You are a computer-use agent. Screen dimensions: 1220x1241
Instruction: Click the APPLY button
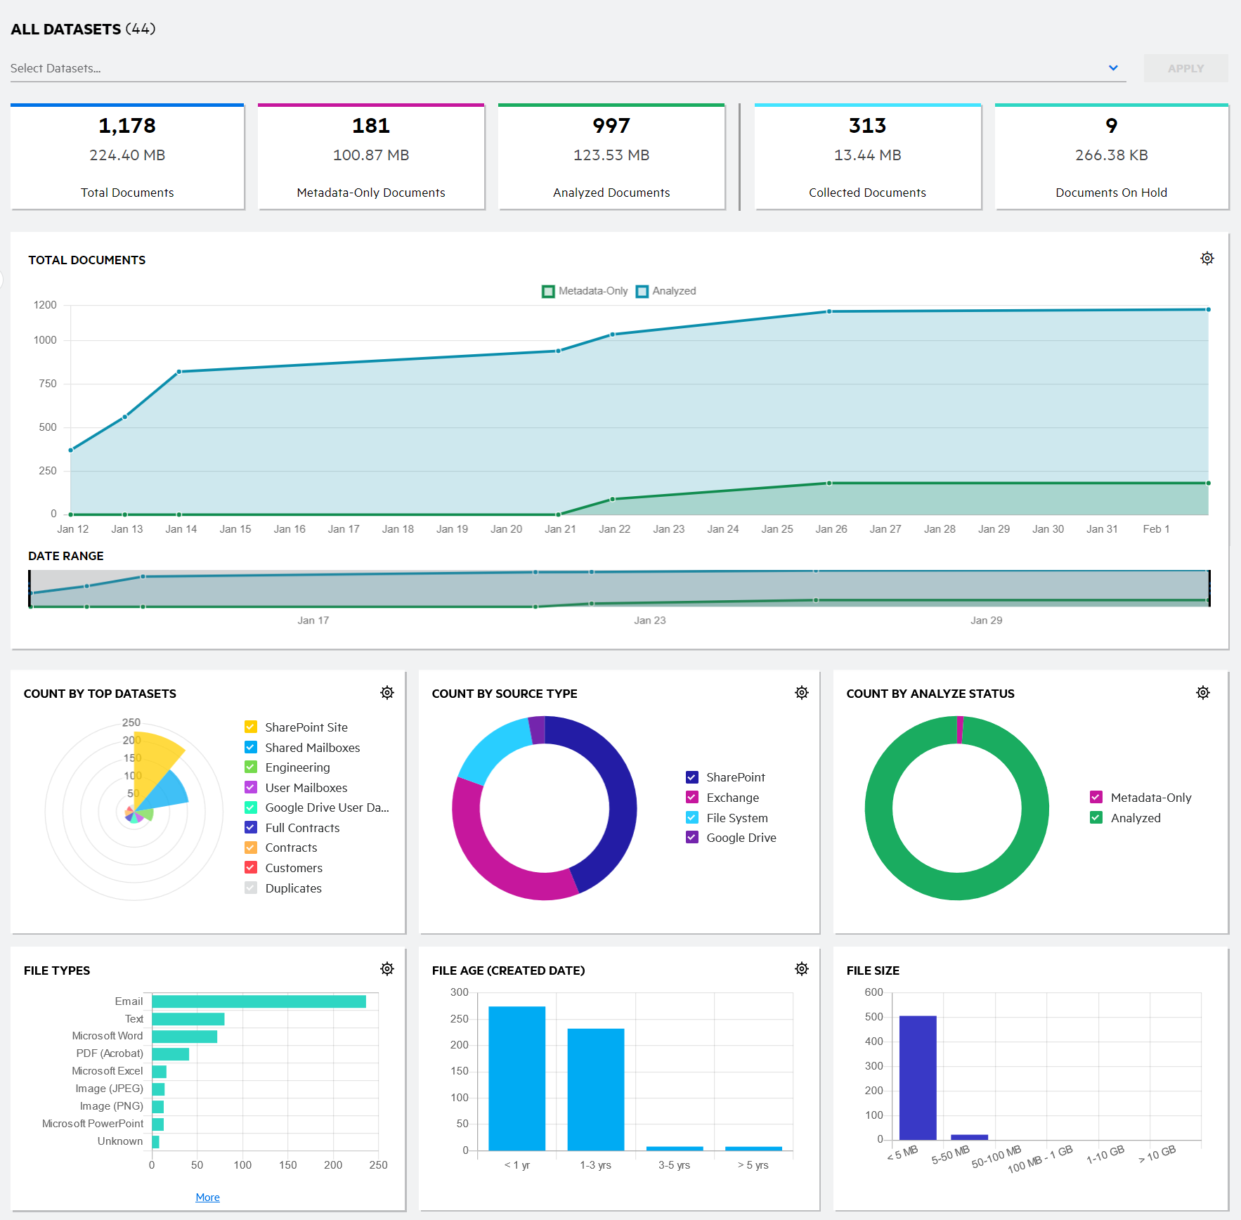coord(1185,68)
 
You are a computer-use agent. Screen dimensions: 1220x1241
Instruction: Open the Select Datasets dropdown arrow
coord(1113,68)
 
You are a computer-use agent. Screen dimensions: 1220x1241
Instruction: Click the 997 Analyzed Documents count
coord(611,126)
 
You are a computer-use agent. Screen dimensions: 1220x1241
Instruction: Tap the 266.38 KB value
coord(1111,155)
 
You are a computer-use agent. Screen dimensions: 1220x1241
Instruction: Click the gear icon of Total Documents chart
coord(1207,259)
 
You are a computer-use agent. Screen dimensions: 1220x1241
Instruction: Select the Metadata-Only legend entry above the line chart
coord(585,291)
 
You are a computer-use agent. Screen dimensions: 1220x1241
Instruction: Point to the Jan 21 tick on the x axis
coord(560,529)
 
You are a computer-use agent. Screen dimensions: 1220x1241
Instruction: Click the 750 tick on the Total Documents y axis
coord(48,384)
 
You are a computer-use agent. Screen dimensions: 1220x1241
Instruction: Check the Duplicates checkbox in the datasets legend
coord(251,888)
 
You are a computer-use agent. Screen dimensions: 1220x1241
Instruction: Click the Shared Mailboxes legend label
coord(312,748)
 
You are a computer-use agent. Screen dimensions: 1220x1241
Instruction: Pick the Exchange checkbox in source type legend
coord(692,798)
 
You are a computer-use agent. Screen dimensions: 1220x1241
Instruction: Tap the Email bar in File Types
coord(259,1001)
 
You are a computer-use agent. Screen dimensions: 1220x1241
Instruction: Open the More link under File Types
coord(207,1198)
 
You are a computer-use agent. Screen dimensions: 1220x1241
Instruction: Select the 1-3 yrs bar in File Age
coord(595,1089)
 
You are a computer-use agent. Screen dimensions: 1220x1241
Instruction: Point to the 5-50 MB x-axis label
coord(950,1155)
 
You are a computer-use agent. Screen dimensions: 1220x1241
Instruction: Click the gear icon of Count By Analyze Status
coord(1202,693)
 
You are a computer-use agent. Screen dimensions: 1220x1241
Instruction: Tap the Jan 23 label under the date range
coord(649,621)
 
